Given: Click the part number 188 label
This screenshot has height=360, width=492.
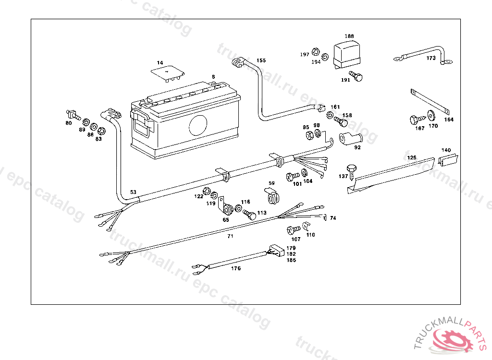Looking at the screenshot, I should coord(349,36).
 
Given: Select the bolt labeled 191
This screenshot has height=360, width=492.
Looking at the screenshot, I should coord(356,76).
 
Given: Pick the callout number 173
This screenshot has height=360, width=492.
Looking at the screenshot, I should coord(430,58).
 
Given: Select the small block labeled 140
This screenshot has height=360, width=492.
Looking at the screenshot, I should coord(448,159).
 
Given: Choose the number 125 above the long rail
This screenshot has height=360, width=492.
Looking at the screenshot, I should coord(412,157).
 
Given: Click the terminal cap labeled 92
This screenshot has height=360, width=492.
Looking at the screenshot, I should coord(351,139).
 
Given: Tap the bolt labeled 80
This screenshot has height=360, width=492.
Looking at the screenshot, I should coord(72,115).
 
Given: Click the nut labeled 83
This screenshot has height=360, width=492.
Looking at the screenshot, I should coord(101,131).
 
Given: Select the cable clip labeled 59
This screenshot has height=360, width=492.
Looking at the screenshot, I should coord(274,197).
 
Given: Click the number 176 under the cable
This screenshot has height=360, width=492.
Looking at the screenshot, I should coord(235,268).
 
